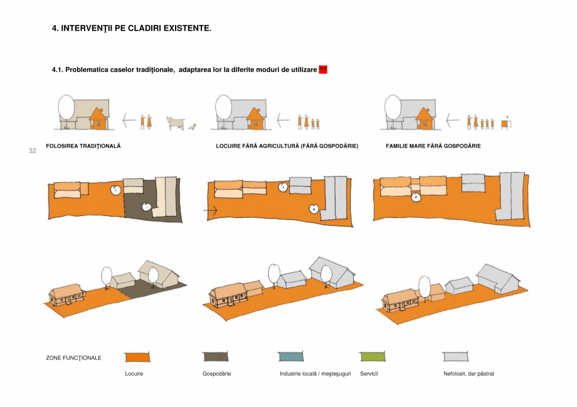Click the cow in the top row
pyautogui.click(x=176, y=122)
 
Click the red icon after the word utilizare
pyautogui.click(x=323, y=69)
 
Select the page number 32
pyautogui.click(x=33, y=151)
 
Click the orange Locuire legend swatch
pyautogui.click(x=137, y=356)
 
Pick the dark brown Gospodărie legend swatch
pyautogui.click(x=215, y=356)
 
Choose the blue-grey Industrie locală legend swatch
pyautogui.click(x=290, y=356)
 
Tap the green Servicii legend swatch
pyautogui.click(x=373, y=356)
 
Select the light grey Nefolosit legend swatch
pyautogui.click(x=457, y=356)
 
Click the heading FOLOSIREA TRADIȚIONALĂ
pyautogui.click(x=83, y=146)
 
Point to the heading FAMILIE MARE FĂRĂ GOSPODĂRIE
pyautogui.click(x=433, y=146)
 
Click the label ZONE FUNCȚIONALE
pyautogui.click(x=74, y=358)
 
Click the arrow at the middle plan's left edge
pyautogui.click(x=211, y=212)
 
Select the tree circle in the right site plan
pyautogui.click(x=415, y=198)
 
